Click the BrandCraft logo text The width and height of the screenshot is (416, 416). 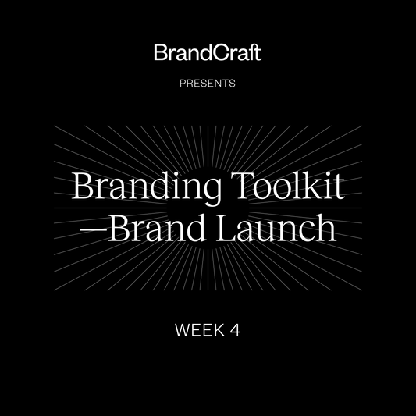[208, 54]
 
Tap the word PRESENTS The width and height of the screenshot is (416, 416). [208, 81]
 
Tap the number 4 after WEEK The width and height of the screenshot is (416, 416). [235, 330]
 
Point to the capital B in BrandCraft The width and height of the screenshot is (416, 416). [160, 54]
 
